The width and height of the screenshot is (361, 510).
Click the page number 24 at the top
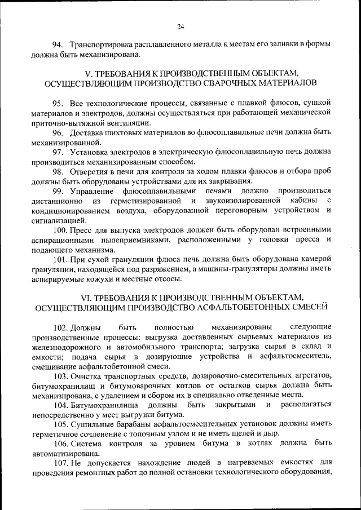pos(180,25)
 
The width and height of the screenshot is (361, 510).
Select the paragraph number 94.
pos(57,45)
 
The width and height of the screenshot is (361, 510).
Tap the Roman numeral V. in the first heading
pos(88,74)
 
